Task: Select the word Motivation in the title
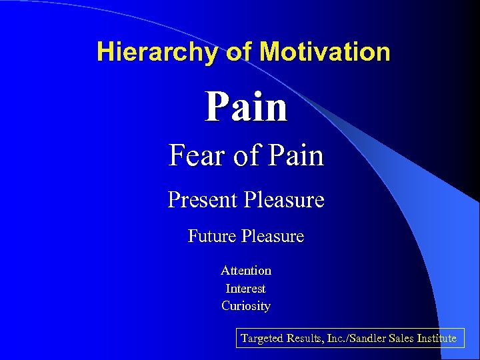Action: (x=325, y=52)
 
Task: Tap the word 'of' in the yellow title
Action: (x=236, y=52)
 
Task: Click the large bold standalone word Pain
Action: (x=246, y=107)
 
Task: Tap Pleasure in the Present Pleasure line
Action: (x=285, y=200)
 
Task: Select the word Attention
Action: (x=246, y=271)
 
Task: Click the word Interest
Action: (x=246, y=289)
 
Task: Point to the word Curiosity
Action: (x=246, y=306)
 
